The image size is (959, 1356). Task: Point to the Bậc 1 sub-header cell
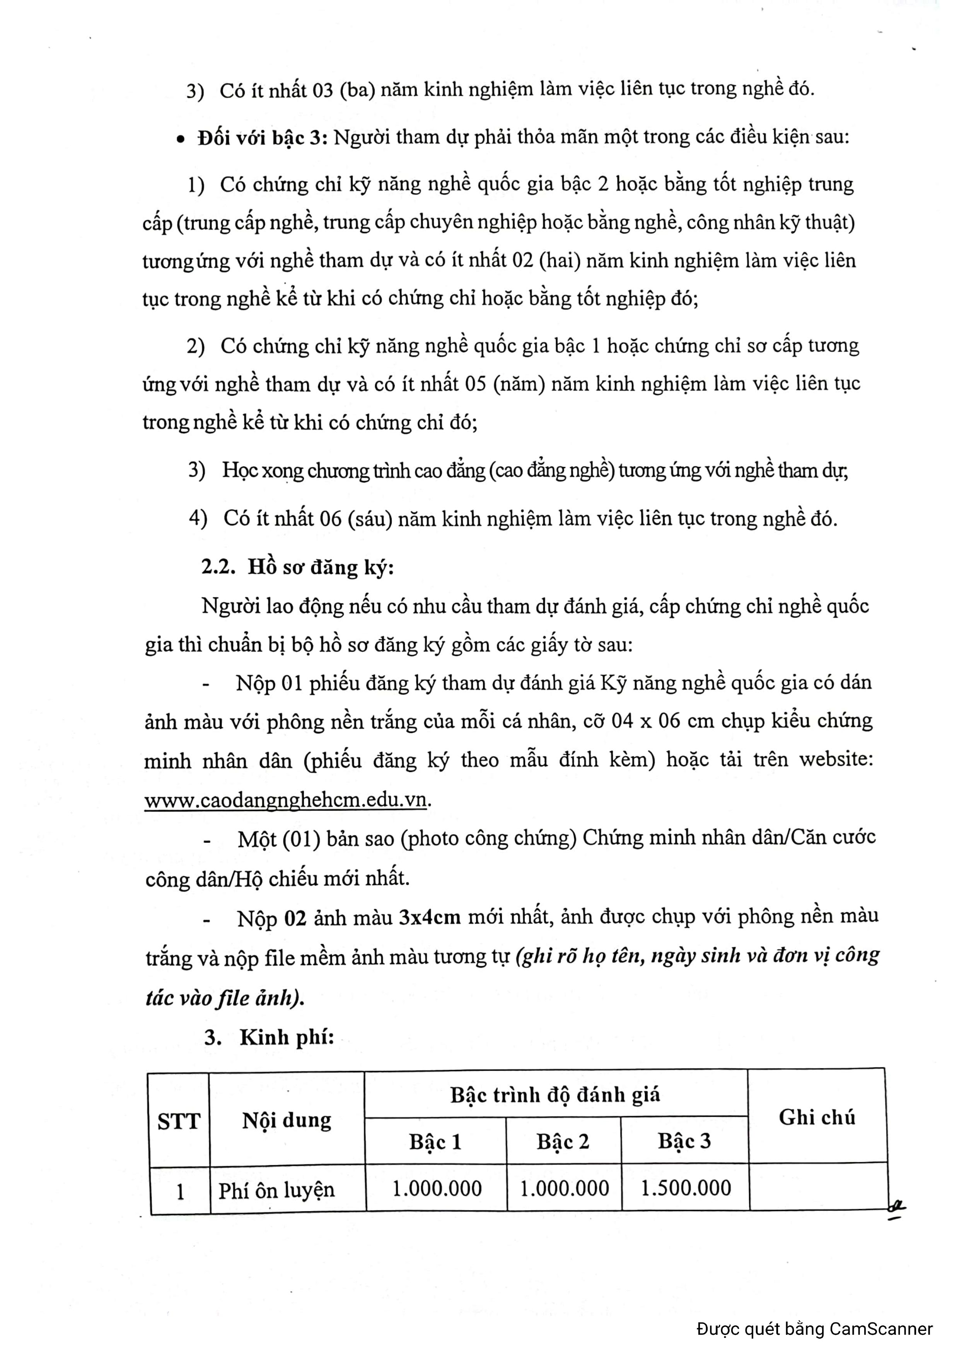435,1141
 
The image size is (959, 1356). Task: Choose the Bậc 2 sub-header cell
563,1141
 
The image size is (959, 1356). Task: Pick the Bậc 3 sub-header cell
684,1140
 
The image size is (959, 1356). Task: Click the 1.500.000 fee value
686,1187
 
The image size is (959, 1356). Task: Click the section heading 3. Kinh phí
270,1038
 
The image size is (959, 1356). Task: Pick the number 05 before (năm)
475,384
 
